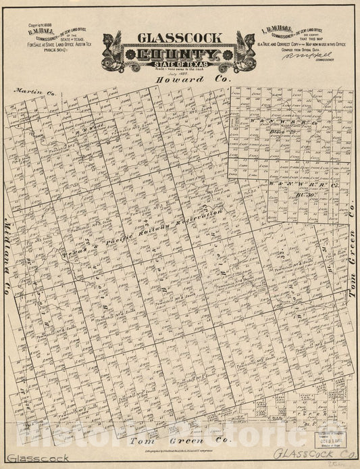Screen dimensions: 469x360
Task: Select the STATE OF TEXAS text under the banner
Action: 178,66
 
